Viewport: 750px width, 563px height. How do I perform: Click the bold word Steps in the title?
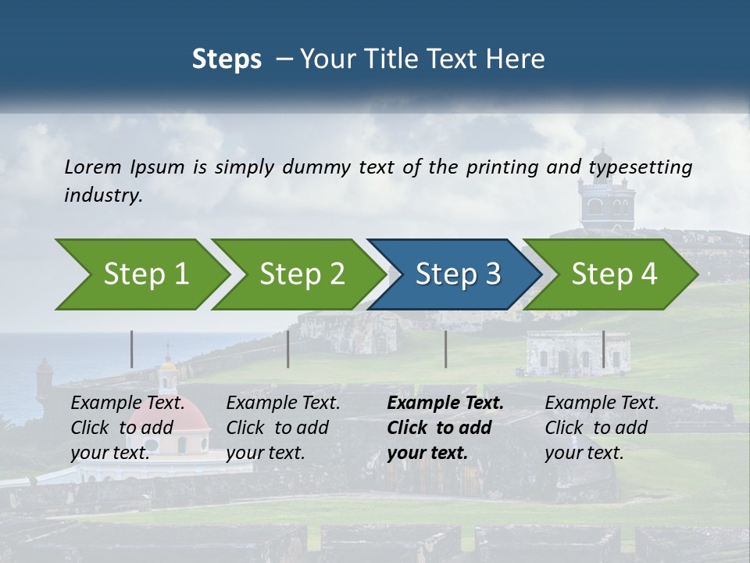click(x=227, y=59)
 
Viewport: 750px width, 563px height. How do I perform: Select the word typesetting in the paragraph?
click(x=640, y=167)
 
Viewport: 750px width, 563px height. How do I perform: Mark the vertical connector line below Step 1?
click(x=132, y=349)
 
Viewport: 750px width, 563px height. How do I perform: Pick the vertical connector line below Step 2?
click(x=288, y=349)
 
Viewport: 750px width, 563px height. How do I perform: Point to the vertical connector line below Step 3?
click(x=445, y=349)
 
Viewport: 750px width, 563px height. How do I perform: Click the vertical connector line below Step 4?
click(x=603, y=349)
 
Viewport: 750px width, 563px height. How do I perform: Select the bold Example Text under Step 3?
click(x=445, y=403)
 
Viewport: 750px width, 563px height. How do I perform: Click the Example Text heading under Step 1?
click(x=128, y=403)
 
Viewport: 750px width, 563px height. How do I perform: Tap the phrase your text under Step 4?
click(x=584, y=453)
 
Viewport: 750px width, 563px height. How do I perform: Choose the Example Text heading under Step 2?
click(x=283, y=403)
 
